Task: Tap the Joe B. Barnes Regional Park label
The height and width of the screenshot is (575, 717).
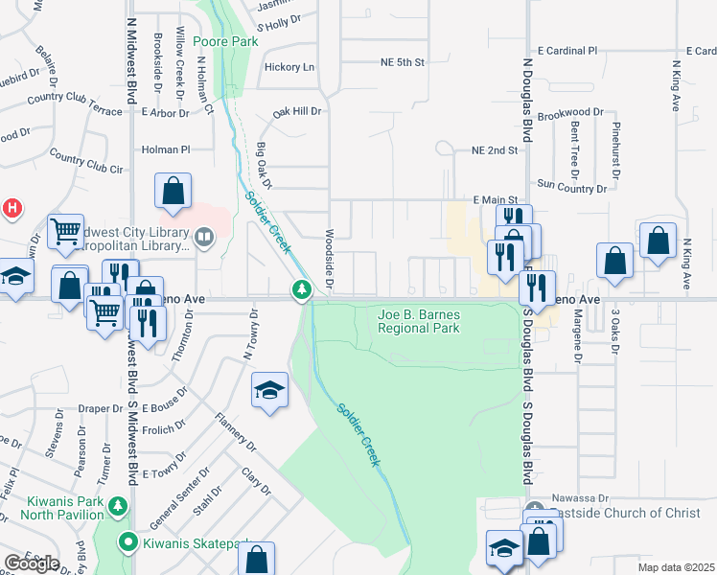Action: click(419, 321)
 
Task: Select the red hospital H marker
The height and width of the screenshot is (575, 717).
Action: click(12, 206)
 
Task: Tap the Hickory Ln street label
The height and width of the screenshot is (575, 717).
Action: click(289, 67)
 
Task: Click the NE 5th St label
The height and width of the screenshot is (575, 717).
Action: click(402, 62)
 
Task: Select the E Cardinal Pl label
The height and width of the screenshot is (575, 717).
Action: click(567, 50)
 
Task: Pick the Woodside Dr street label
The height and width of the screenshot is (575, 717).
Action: click(329, 260)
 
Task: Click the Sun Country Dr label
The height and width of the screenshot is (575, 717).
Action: click(573, 183)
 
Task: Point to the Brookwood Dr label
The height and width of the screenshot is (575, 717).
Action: click(570, 113)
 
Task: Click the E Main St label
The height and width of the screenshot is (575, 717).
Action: click(496, 199)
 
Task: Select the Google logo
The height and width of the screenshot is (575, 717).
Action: click(32, 563)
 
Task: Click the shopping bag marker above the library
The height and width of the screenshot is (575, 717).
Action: click(173, 191)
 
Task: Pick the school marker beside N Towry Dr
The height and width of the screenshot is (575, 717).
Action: click(269, 390)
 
